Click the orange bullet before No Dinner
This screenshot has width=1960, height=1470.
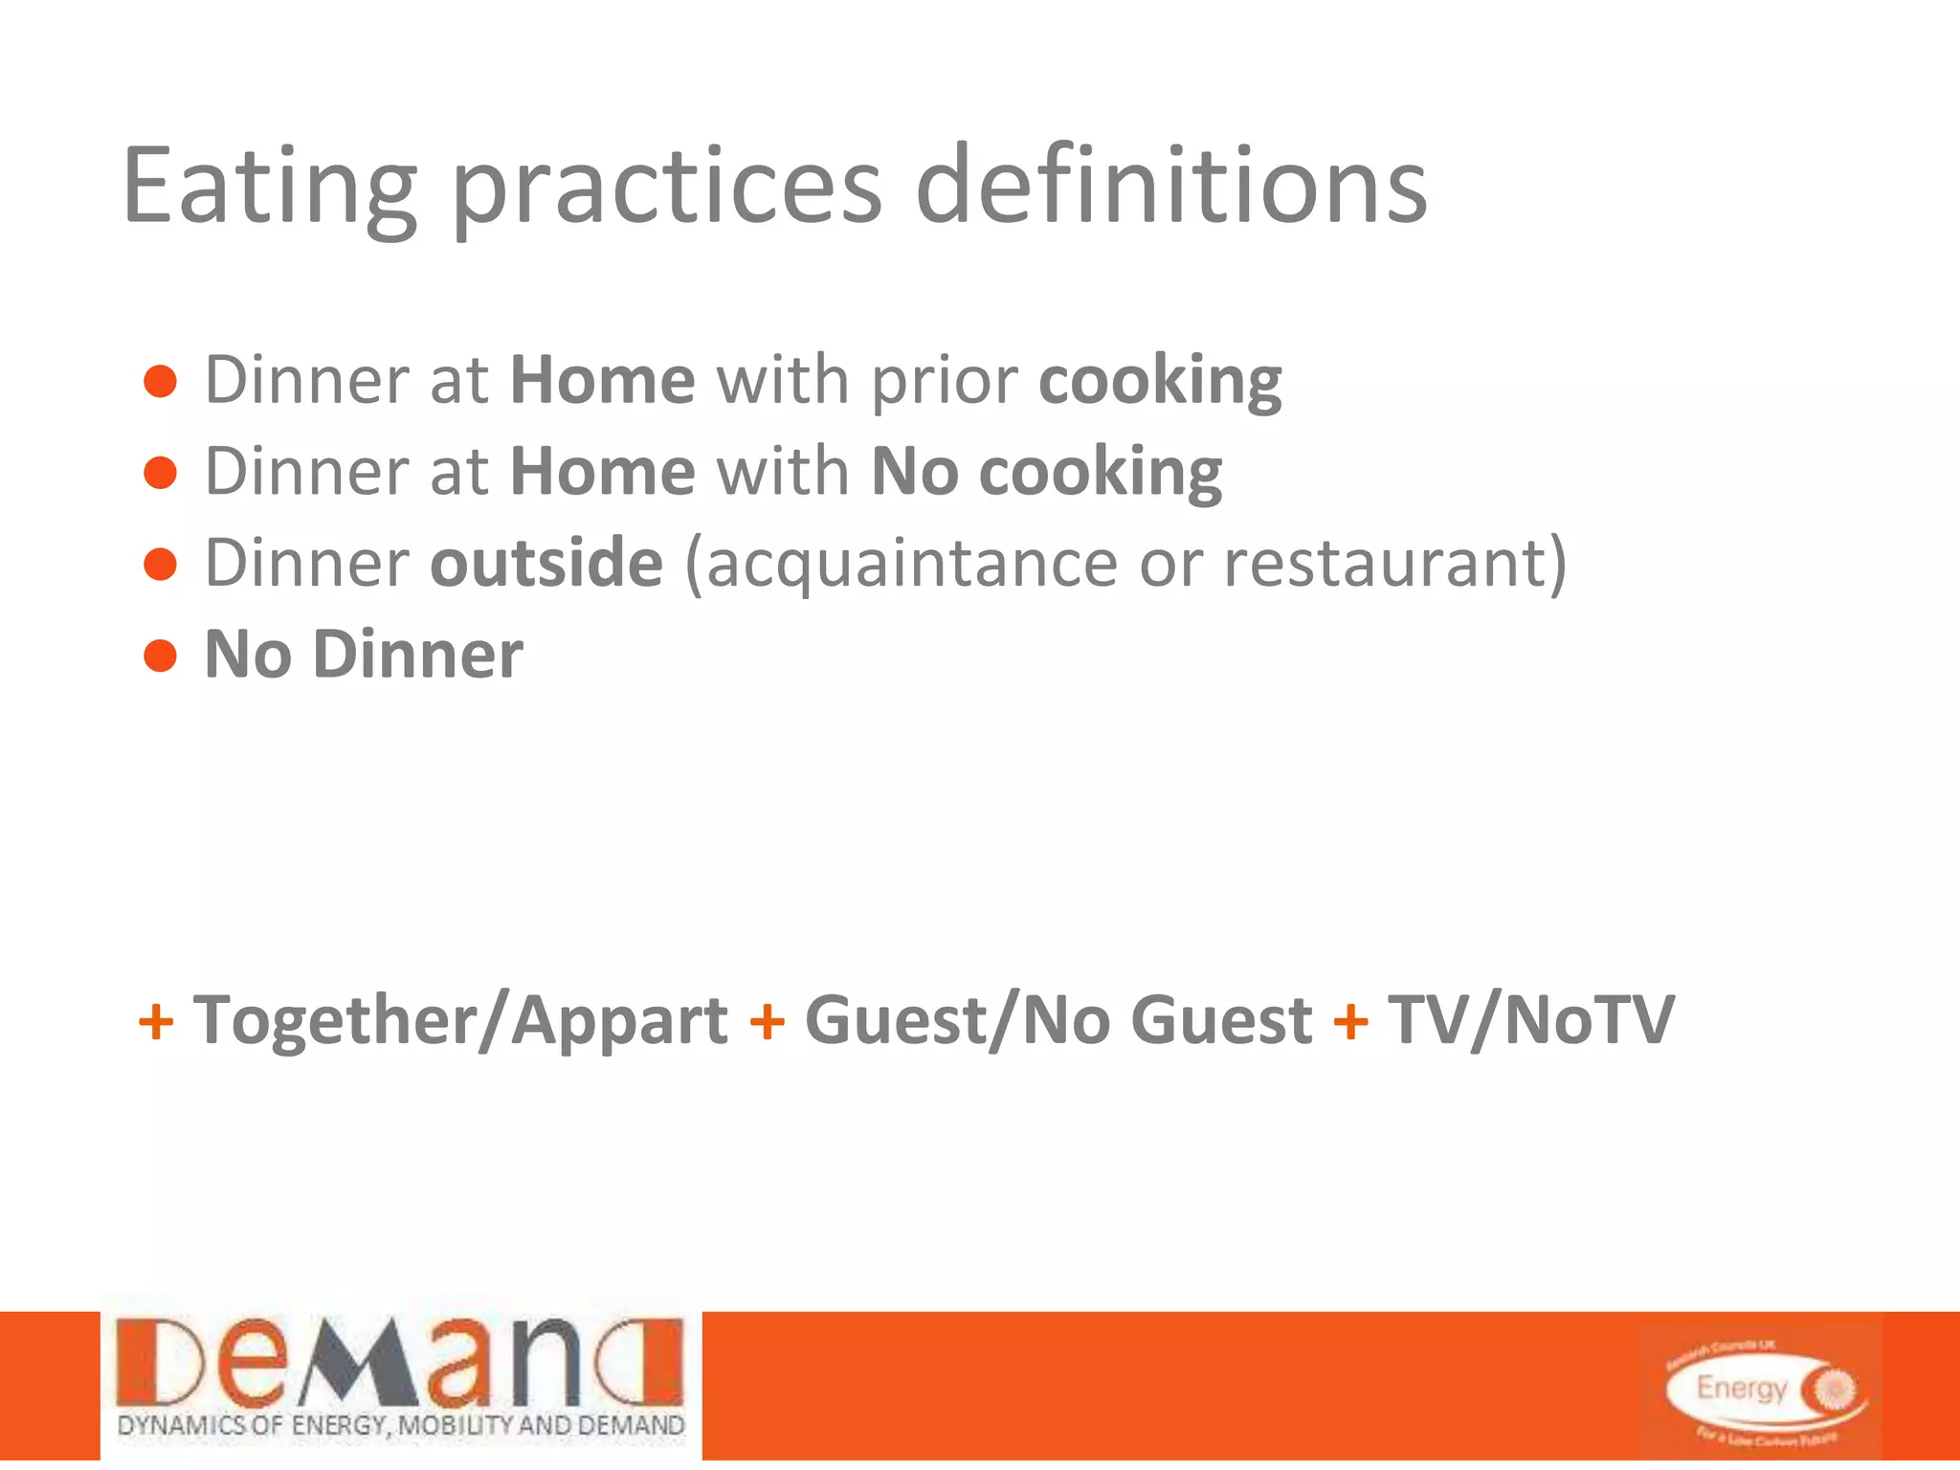click(x=161, y=656)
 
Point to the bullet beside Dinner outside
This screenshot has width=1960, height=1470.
click(x=161, y=564)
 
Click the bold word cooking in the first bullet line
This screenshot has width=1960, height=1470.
click(x=1160, y=382)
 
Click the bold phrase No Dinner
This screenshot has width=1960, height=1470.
click(x=364, y=655)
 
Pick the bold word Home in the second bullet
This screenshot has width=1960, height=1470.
click(x=603, y=471)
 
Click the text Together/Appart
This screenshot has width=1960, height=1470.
click(x=460, y=1020)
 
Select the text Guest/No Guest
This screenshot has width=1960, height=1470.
click(x=1058, y=1020)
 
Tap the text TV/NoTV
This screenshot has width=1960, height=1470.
click(x=1531, y=1020)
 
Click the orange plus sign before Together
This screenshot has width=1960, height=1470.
click(x=156, y=1022)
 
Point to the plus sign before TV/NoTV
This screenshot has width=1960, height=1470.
click(x=1350, y=1022)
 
